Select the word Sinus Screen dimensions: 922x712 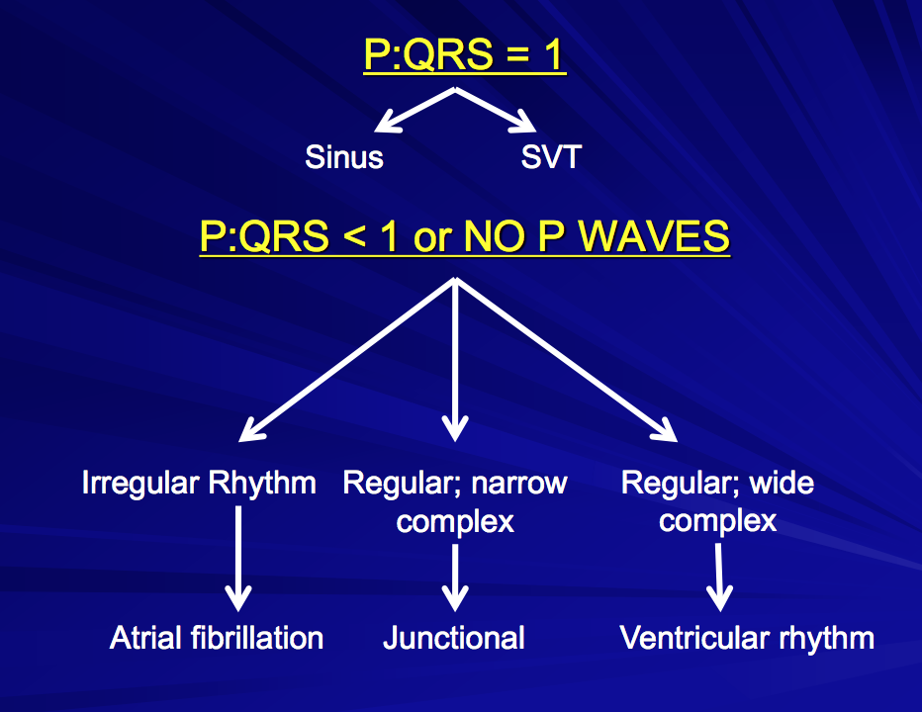click(343, 157)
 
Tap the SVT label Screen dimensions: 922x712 click(550, 157)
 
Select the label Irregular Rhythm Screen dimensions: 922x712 click(199, 484)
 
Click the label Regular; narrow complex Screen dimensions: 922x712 click(455, 501)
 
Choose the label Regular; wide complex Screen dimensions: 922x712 click(717, 501)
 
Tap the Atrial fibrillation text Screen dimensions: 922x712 click(217, 638)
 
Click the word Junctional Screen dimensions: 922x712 click(454, 638)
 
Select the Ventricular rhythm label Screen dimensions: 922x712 click(747, 638)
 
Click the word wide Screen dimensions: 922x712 click(783, 484)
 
